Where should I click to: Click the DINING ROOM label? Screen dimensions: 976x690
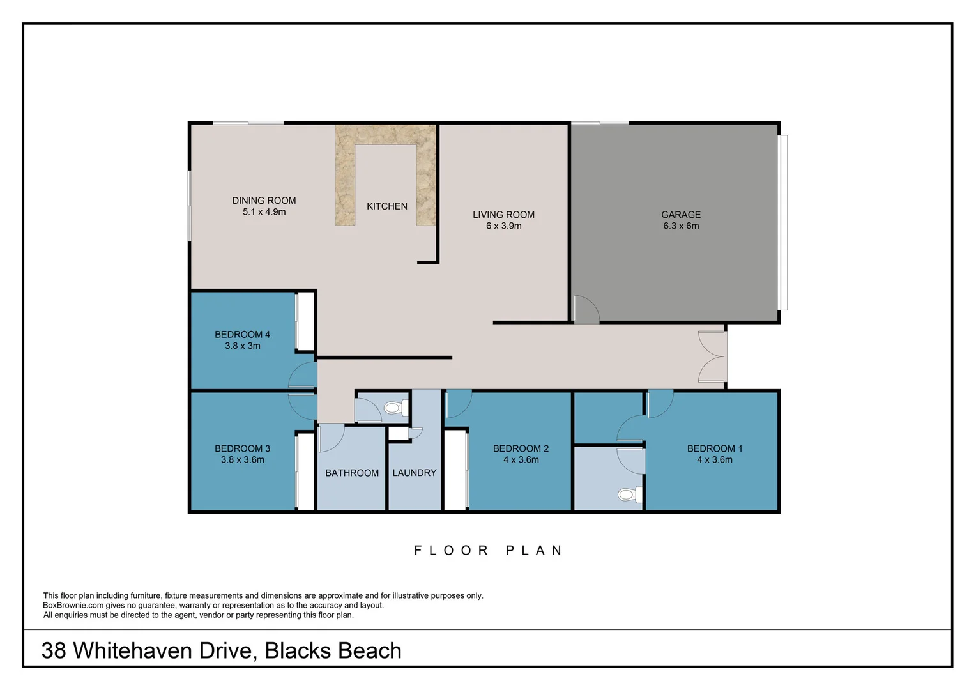[x=264, y=201]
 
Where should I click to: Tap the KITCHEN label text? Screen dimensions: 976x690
[x=387, y=206]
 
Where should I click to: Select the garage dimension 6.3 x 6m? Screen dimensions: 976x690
[x=681, y=226]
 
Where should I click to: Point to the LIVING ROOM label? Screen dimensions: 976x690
[x=504, y=215]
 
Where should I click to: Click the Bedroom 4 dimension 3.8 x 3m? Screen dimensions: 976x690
[x=243, y=346]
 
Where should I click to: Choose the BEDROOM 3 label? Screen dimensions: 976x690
[x=242, y=448]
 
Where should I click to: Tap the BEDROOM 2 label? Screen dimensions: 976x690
[x=521, y=448]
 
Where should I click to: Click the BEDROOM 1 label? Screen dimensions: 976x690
[x=715, y=448]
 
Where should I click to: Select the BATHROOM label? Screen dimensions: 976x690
[x=352, y=473]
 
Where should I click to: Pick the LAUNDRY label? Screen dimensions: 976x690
[x=415, y=473]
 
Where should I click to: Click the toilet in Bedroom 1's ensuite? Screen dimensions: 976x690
[x=630, y=494]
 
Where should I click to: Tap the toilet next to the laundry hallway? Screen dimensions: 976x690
[x=396, y=408]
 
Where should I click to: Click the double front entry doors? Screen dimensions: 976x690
[x=712, y=356]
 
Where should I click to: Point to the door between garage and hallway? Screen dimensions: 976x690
[x=586, y=309]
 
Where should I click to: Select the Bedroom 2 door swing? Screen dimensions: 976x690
[x=459, y=404]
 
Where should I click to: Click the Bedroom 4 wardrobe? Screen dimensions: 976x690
[x=305, y=321]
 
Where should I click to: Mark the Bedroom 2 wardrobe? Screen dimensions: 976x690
[x=456, y=470]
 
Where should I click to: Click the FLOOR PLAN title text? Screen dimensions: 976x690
[x=488, y=551]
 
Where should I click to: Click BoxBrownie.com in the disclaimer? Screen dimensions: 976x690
[x=73, y=606]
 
